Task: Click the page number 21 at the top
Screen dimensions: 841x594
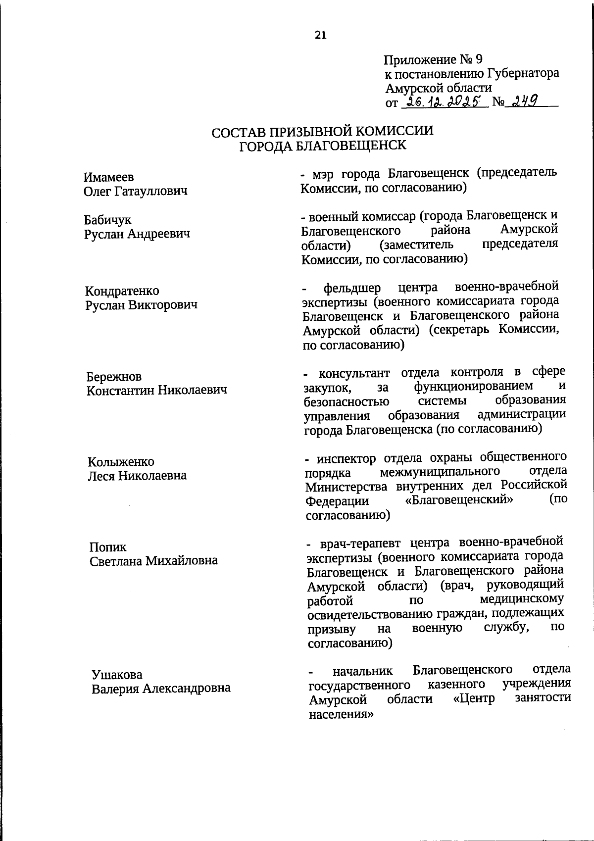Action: click(x=320, y=35)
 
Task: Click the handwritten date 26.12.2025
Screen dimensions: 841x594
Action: click(x=444, y=102)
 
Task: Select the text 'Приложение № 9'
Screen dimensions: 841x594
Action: click(x=433, y=60)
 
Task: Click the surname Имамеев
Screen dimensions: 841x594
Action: click(x=108, y=177)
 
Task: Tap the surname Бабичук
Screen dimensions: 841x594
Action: click(x=107, y=220)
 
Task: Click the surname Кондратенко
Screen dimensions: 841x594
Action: click(x=122, y=291)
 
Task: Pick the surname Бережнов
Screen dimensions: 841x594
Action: click(x=114, y=376)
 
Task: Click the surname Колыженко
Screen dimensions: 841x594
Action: click(x=121, y=462)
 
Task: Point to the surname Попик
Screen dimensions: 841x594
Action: click(x=107, y=547)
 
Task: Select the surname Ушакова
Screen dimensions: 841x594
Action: click(x=117, y=675)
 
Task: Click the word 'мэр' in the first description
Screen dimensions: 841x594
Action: click(x=324, y=174)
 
